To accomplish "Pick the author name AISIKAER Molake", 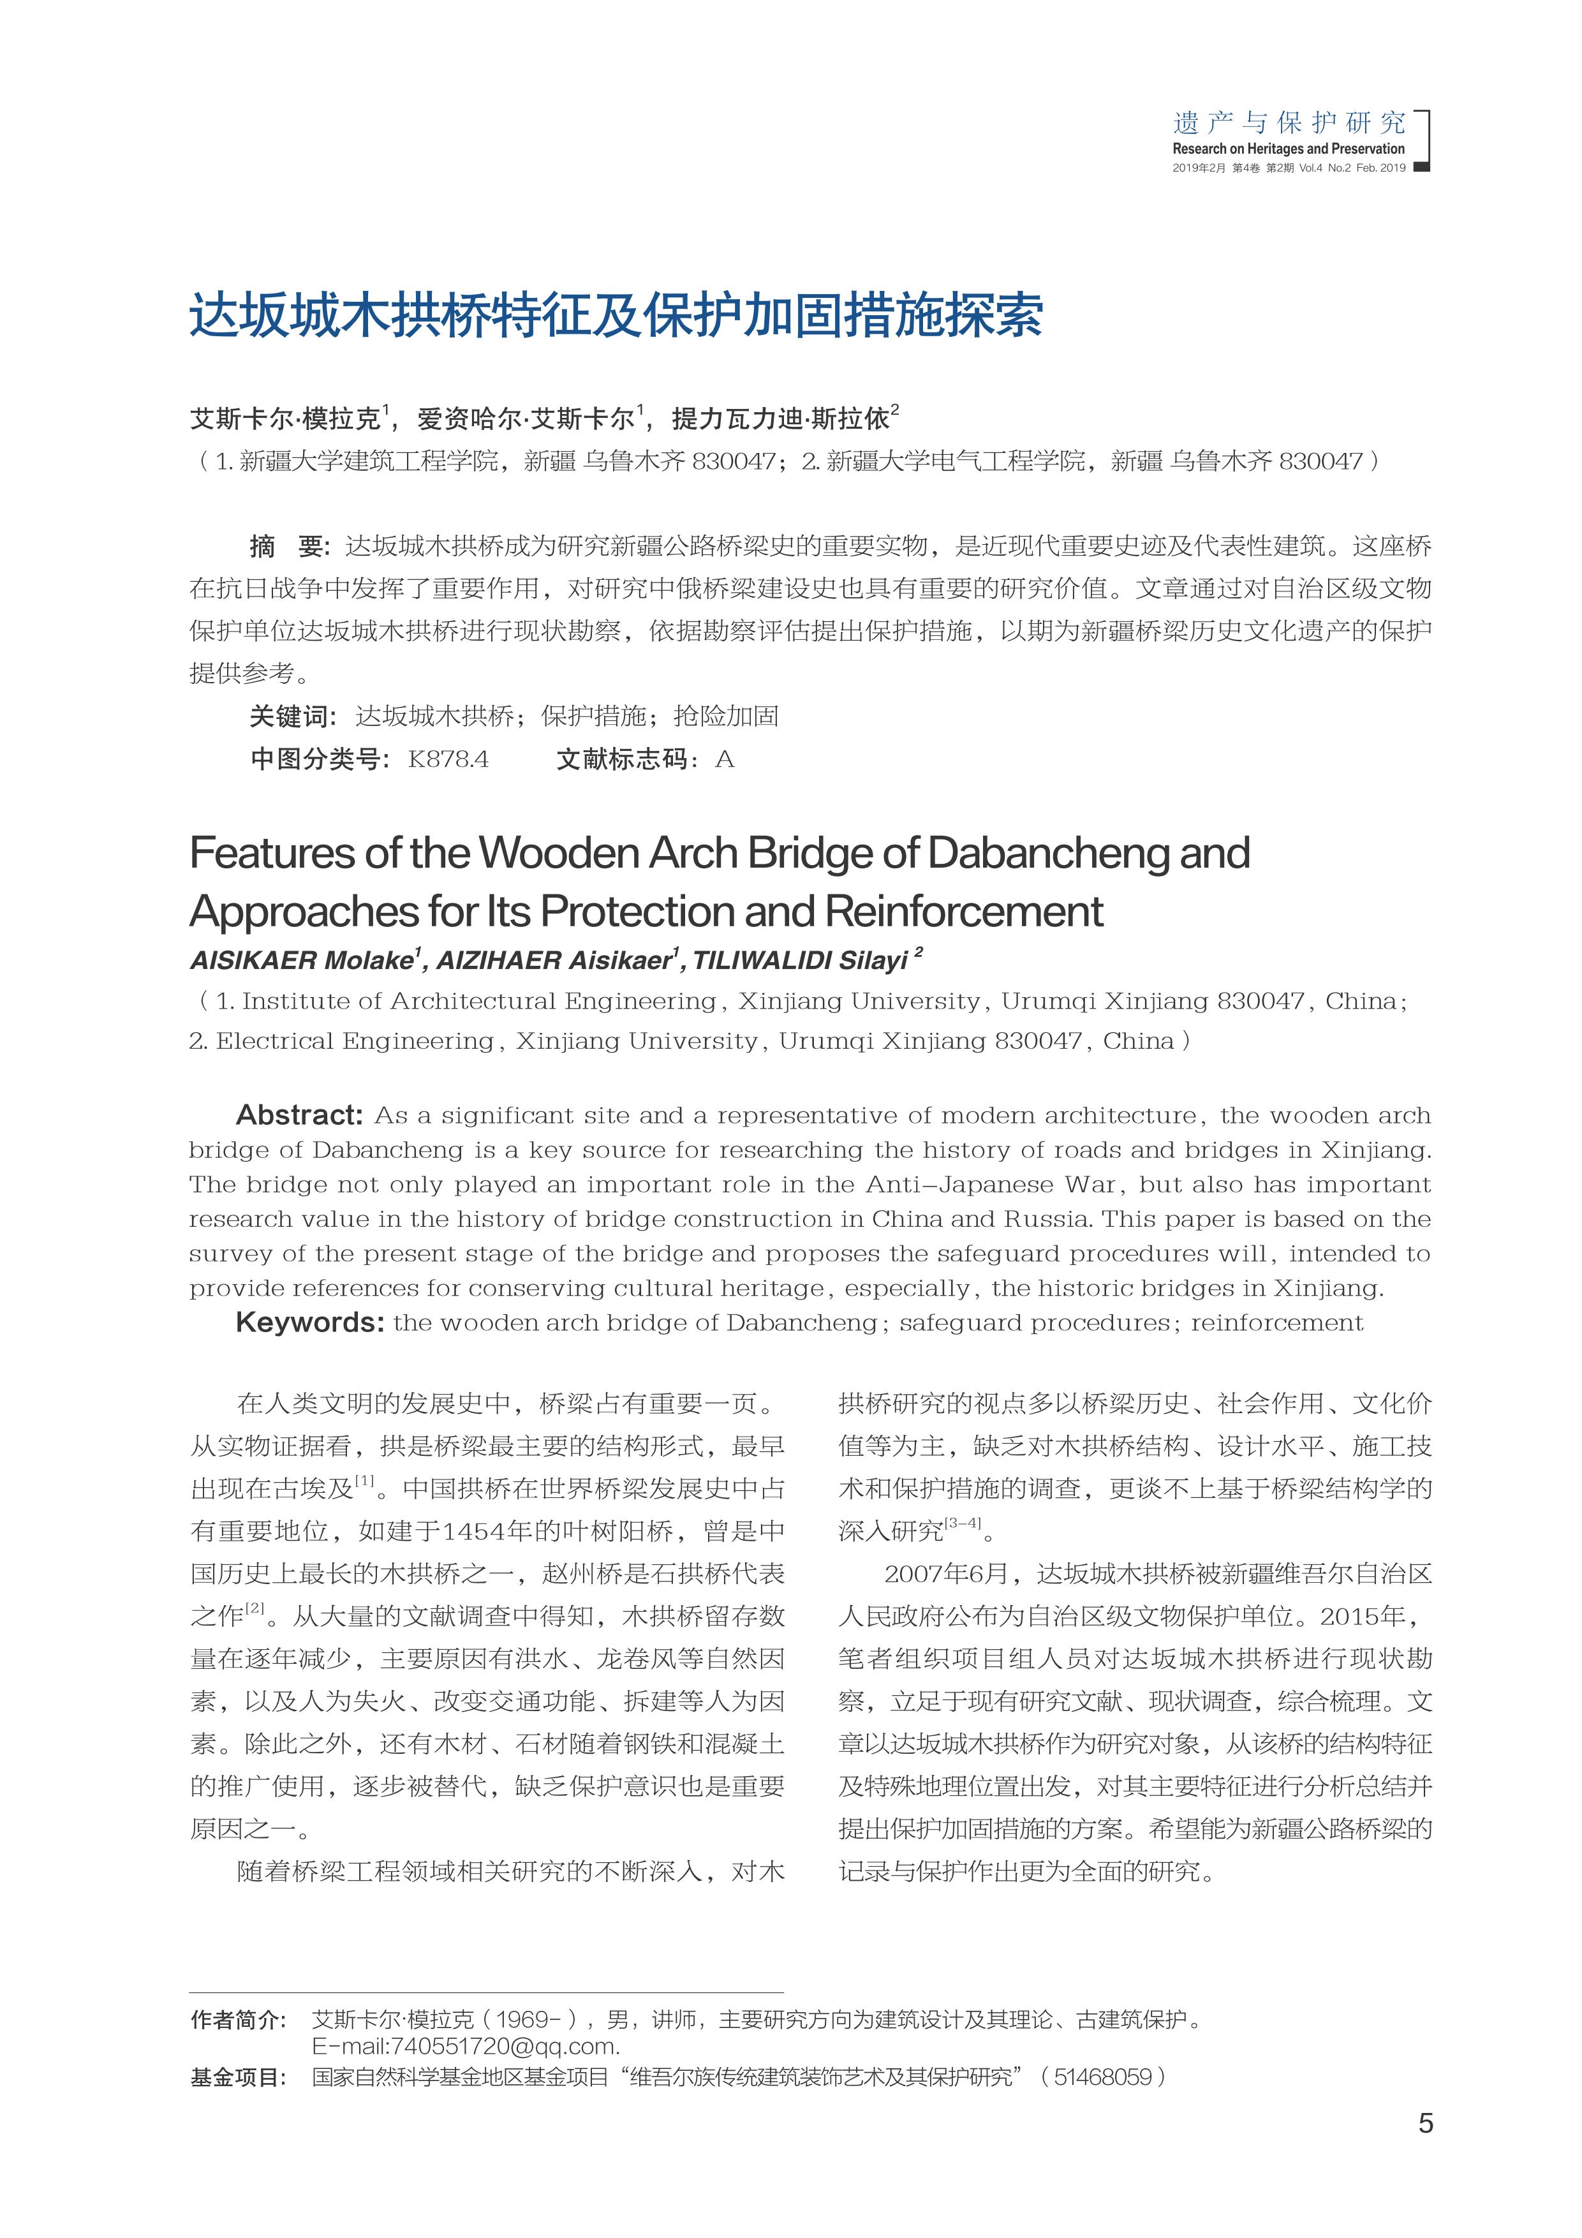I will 300,961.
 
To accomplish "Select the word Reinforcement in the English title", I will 964,912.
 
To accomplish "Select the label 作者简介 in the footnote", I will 237,2020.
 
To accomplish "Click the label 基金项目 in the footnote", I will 237,2077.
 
